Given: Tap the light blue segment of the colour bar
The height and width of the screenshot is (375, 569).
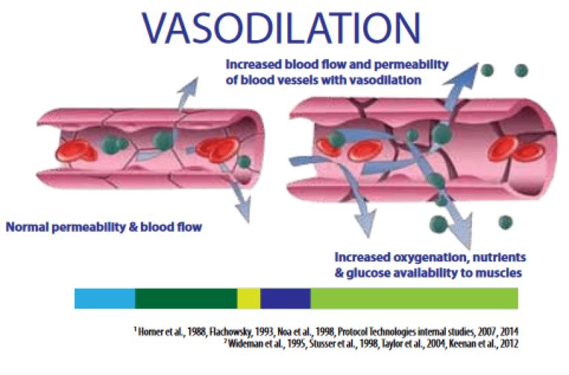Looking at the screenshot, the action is [104, 299].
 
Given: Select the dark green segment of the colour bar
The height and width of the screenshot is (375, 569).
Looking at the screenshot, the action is [186, 299].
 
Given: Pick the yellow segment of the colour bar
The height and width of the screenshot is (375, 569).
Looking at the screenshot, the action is [249, 299].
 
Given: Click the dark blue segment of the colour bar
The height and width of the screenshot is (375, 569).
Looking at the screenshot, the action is [285, 299].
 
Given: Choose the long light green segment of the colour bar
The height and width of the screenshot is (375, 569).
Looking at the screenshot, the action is [413, 299].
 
